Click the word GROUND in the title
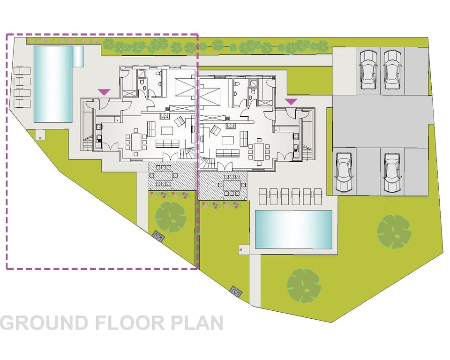pyautogui.click(x=45, y=322)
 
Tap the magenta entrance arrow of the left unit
pyautogui.click(x=104, y=92)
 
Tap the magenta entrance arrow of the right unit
pyautogui.click(x=291, y=101)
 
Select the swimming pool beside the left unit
pyautogui.click(x=53, y=84)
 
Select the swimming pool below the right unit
pyautogui.click(x=293, y=230)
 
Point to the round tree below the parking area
pyautogui.click(x=394, y=232)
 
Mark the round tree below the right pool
pyautogui.click(x=303, y=285)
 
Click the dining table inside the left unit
pyautogui.click(x=136, y=142)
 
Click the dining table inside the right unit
pyautogui.click(x=258, y=150)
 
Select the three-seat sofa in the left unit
pyautogui.click(x=167, y=143)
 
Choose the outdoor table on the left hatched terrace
pyautogui.click(x=165, y=176)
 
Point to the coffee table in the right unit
pyautogui.click(x=228, y=140)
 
